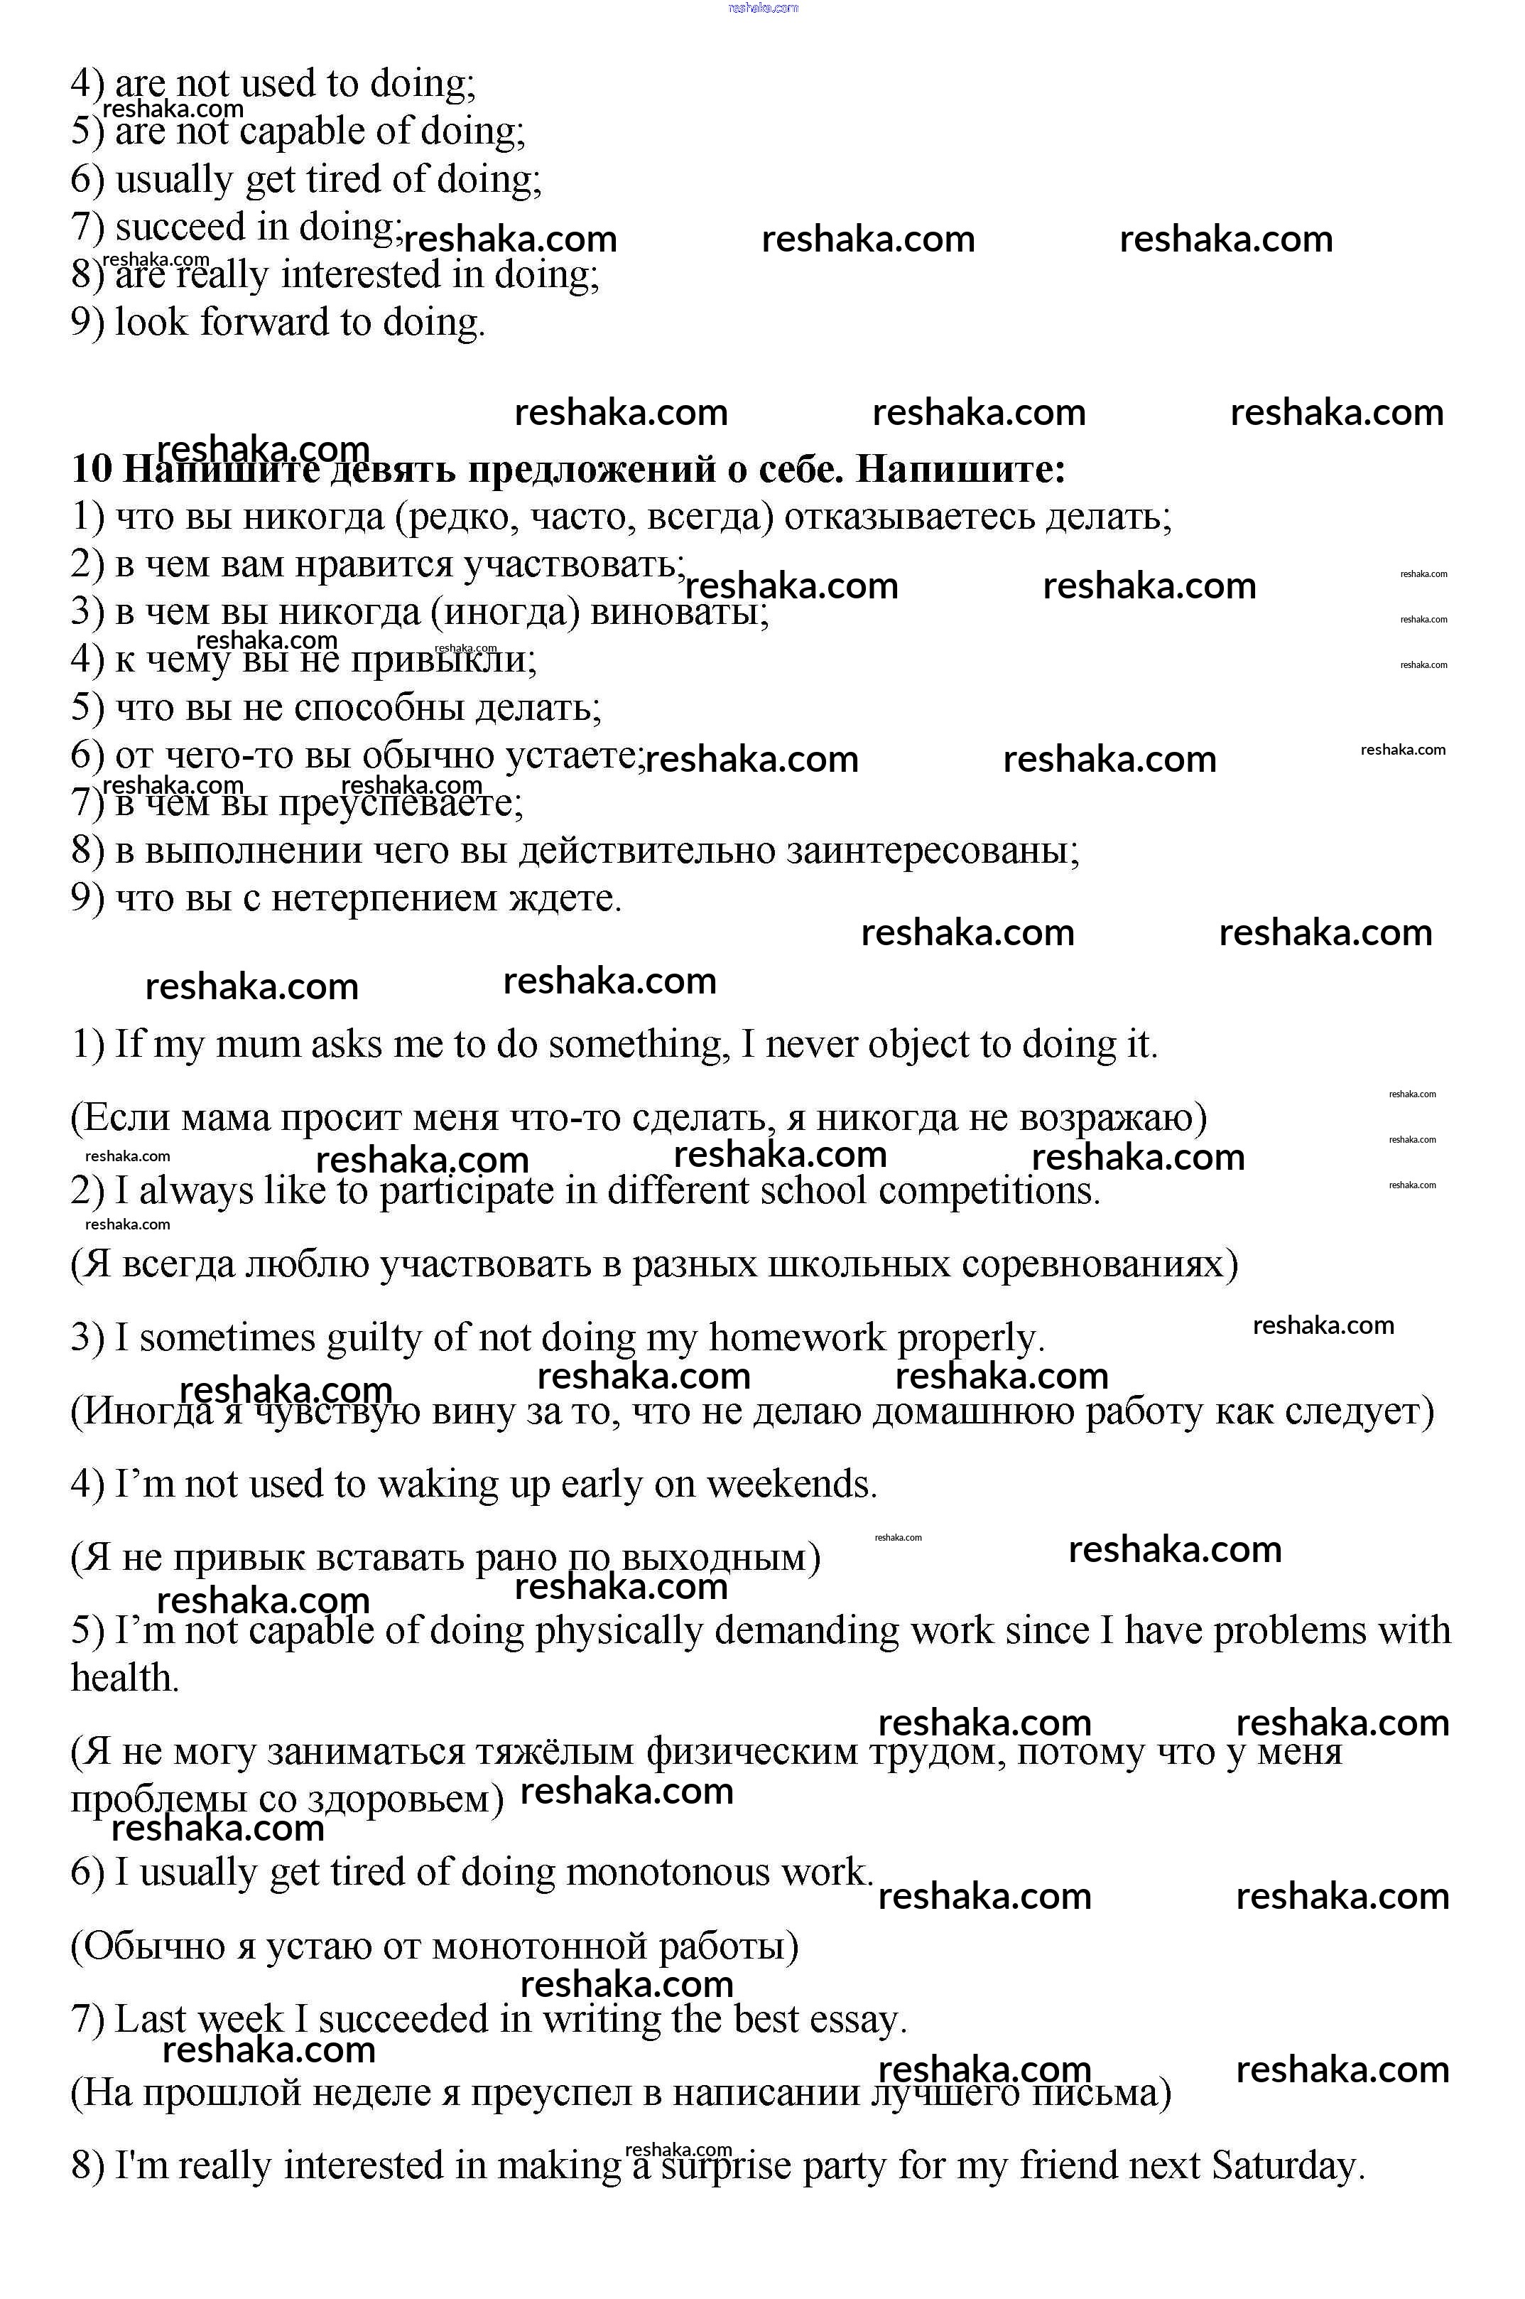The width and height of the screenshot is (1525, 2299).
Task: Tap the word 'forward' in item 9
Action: [x=264, y=322]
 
